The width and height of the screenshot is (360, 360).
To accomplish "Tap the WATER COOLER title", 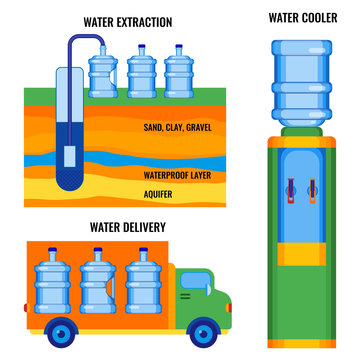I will (x=303, y=17).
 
